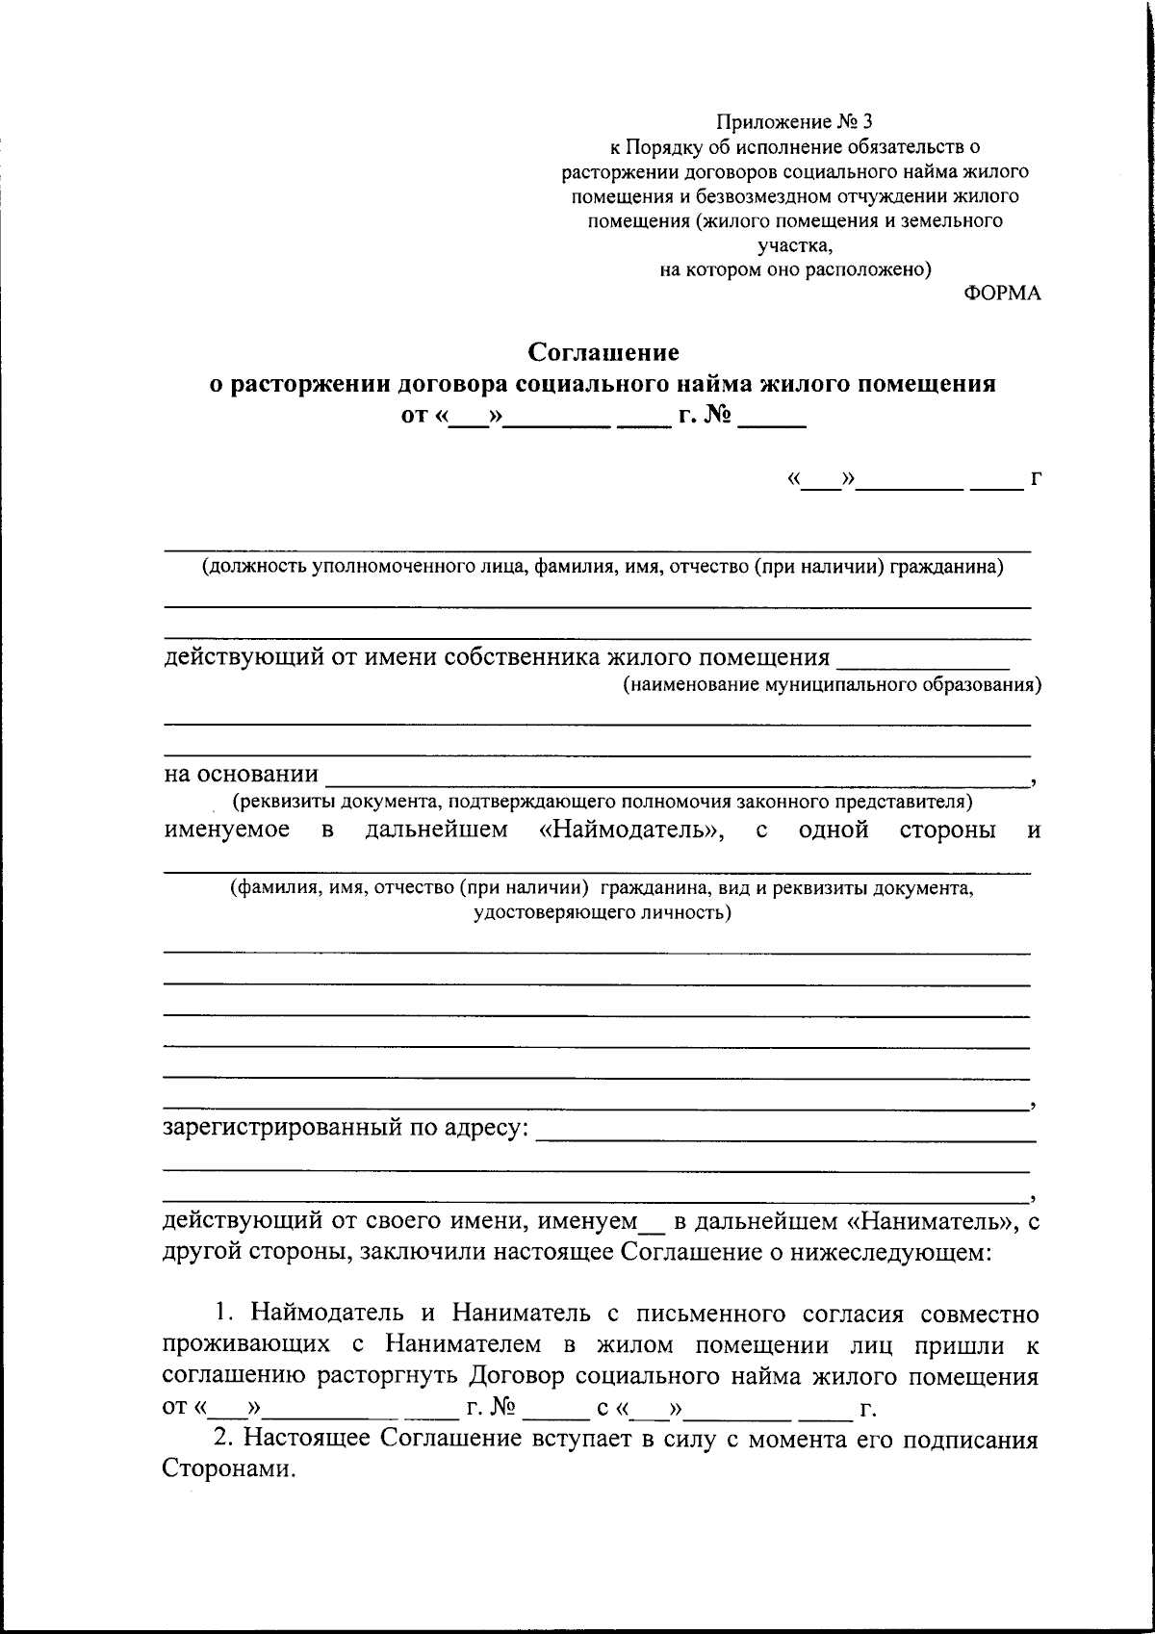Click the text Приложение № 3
tap(795, 121)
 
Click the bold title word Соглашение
tap(603, 352)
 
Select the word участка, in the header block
tap(795, 245)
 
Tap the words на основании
tap(242, 775)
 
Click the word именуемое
tap(226, 830)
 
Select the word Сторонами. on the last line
tap(226, 1469)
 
